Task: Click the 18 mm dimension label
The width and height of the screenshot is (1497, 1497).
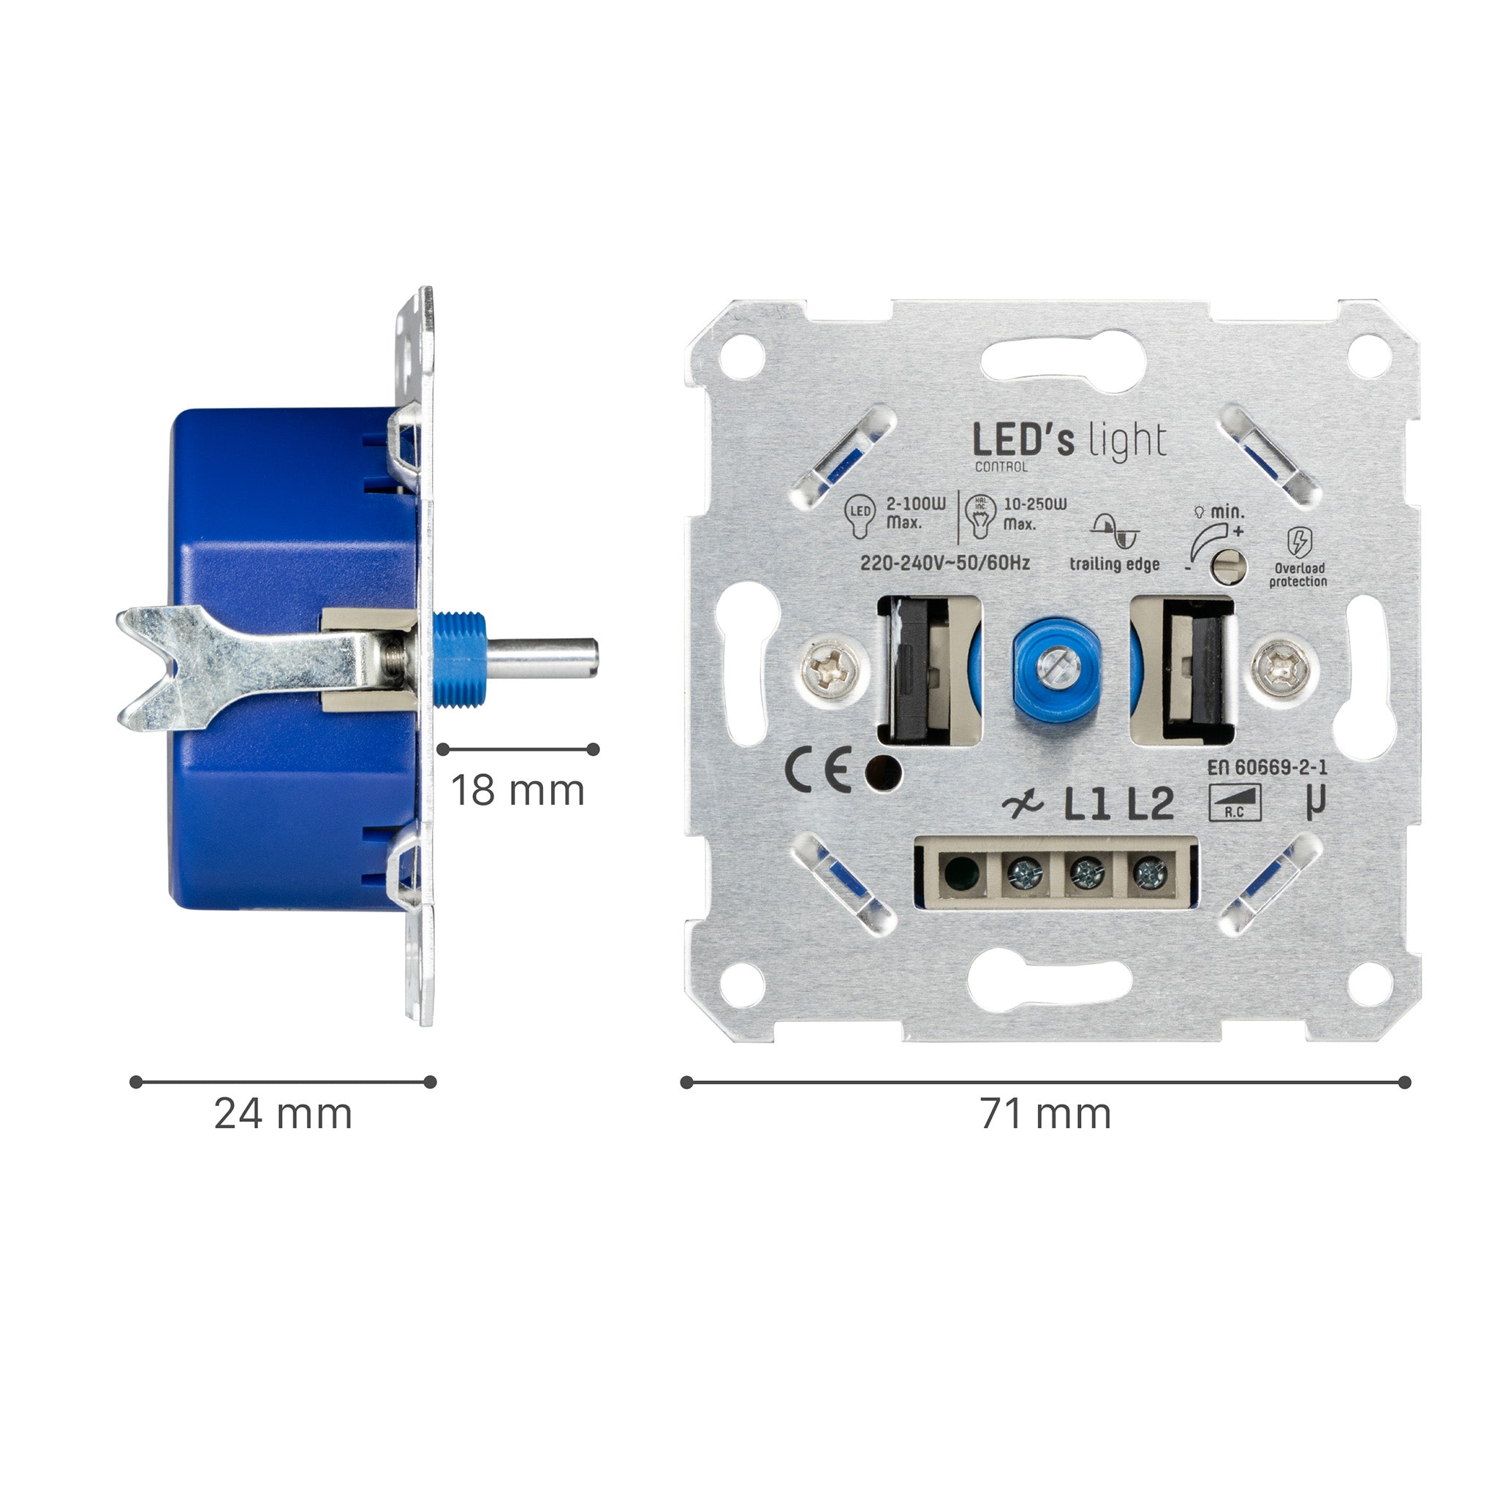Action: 517,791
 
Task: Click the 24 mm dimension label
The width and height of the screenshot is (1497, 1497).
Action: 283,1114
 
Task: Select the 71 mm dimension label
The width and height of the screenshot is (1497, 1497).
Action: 1045,1114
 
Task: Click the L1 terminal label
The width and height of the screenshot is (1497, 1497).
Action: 1087,805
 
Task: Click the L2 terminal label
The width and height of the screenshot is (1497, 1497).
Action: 1150,805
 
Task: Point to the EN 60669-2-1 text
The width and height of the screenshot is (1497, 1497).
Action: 1267,767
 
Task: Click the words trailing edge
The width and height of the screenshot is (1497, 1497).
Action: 1114,564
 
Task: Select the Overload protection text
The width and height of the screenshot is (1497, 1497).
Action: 1298,575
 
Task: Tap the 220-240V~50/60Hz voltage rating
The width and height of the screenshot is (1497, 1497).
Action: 944,564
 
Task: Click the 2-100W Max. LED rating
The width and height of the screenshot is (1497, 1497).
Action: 915,513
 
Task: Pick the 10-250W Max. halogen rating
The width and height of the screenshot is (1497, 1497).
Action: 1034,513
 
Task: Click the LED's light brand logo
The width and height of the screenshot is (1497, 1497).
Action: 1069,443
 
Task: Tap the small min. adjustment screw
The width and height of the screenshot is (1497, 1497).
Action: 1229,566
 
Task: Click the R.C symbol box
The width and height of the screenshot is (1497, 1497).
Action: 1235,803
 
